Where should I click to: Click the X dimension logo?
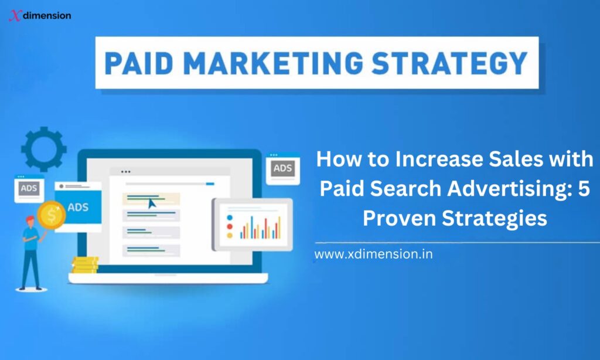(x=40, y=16)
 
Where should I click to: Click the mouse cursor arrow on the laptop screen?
(x=152, y=203)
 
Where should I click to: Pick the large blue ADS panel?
(x=78, y=207)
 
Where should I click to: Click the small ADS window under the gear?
(x=28, y=188)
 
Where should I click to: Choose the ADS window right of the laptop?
(x=283, y=169)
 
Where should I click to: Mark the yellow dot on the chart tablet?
(x=230, y=235)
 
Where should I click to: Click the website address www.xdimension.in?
(x=373, y=255)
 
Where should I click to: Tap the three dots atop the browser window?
(x=125, y=172)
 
